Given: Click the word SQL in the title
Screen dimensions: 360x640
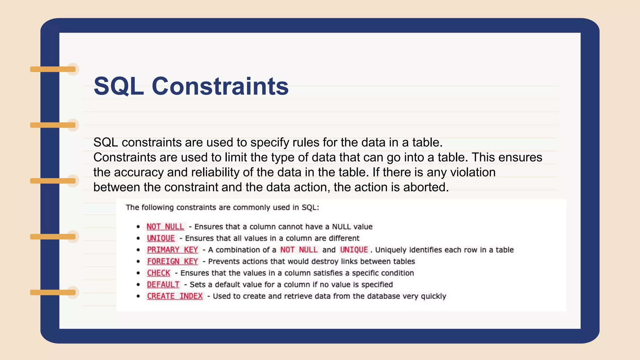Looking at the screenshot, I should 119,86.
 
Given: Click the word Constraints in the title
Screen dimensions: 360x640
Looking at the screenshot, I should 220,86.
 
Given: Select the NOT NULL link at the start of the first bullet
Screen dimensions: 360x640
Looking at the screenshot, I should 165,227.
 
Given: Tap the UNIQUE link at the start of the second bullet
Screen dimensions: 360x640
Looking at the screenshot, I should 161,238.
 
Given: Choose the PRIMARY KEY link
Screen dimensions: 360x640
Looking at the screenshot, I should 172,250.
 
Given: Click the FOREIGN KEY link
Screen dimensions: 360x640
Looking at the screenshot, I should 172,261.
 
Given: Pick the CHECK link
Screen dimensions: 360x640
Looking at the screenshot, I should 158,273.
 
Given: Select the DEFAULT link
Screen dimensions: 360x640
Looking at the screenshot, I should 163,284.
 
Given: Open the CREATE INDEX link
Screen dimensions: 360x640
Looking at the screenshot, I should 175,296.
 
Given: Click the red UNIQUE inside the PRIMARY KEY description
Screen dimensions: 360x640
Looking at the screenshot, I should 354,250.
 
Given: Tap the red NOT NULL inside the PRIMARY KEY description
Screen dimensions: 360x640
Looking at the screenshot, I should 299,250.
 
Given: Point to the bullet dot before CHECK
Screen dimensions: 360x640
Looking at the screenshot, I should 138,273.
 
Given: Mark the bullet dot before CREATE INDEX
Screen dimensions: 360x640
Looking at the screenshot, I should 138,296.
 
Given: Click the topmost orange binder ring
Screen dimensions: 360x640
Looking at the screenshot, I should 53,69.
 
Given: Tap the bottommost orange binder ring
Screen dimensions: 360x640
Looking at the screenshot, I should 53,292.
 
